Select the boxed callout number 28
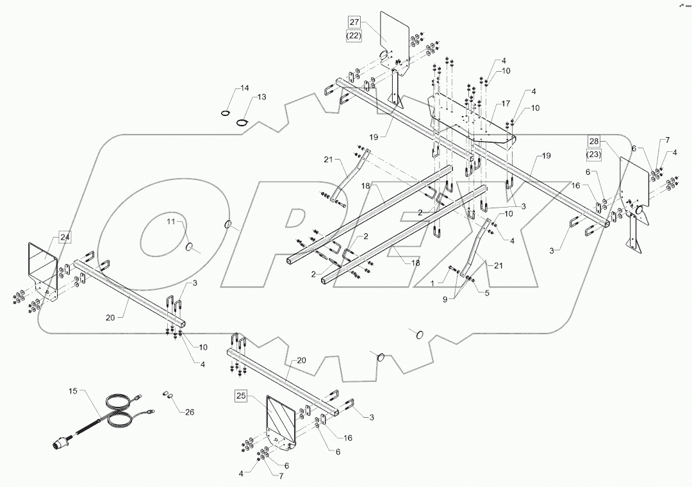click(x=593, y=141)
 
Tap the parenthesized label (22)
click(x=355, y=37)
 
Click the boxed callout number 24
click(x=65, y=237)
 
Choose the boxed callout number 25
click(x=241, y=396)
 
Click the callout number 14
click(x=244, y=87)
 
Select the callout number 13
click(x=261, y=97)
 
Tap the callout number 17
click(x=506, y=103)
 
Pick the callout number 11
click(x=171, y=222)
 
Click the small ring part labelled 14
click(x=225, y=113)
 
